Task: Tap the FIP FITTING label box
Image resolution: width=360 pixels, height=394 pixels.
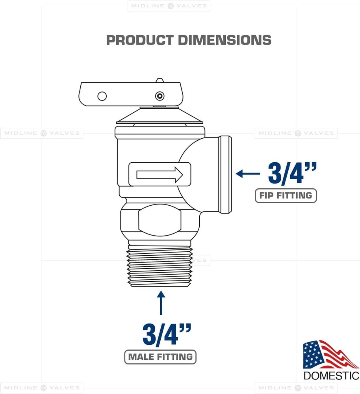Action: coord(286,195)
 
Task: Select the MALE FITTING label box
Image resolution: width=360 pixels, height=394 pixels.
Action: coord(160,357)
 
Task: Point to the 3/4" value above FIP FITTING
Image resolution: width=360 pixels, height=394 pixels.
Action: coord(291,173)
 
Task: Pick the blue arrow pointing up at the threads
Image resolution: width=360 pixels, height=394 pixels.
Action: coord(161,303)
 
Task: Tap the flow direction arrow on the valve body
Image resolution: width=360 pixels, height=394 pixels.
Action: coord(160,174)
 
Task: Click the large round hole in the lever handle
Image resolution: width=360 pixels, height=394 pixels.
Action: coord(102,96)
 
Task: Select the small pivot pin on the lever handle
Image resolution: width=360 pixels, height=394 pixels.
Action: coord(159,96)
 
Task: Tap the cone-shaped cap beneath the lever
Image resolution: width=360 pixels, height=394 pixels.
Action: coord(160,115)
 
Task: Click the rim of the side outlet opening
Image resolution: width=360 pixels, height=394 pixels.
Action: coord(225,174)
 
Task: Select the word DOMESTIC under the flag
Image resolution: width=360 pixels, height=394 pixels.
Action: coord(331,375)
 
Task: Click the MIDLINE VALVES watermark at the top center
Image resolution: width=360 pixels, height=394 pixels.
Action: coord(169,6)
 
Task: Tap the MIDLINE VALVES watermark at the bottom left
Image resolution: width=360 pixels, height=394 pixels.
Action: coord(42,388)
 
